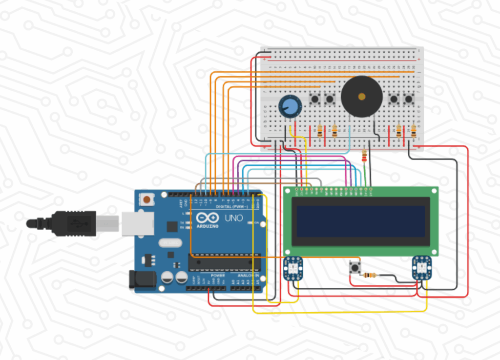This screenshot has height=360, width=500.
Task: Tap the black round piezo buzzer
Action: click(361, 97)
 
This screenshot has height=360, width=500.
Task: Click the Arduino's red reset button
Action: click(146, 199)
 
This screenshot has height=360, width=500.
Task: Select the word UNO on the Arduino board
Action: click(233, 218)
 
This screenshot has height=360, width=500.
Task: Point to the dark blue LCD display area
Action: click(361, 221)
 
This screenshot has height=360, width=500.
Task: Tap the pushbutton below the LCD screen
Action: click(354, 268)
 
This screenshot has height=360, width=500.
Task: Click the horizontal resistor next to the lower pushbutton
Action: click(371, 275)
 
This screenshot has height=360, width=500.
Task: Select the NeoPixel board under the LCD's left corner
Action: click(293, 269)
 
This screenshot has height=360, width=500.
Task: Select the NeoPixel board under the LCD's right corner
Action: click(421, 268)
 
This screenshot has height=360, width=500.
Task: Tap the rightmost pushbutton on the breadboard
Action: click(409, 99)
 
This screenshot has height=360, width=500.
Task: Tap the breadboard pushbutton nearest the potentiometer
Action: click(315, 99)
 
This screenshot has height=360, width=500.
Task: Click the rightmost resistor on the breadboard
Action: click(414, 131)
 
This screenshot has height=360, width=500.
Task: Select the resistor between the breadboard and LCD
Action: click(364, 156)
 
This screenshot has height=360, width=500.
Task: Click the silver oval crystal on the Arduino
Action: click(168, 242)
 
